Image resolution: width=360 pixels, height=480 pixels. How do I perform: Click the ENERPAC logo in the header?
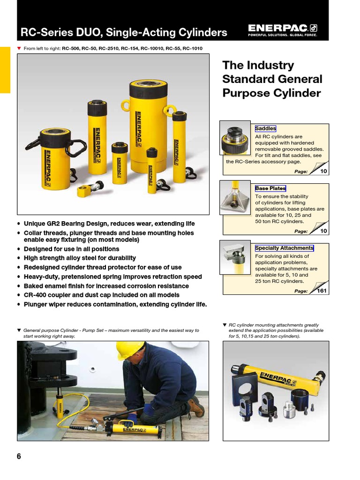pyautogui.click(x=282, y=30)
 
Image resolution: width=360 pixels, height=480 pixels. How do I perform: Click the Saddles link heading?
pyautogui.click(x=265, y=128)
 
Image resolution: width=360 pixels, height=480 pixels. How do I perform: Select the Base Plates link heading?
pyautogui.click(x=270, y=188)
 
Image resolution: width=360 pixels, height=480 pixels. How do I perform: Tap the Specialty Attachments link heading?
pyautogui.click(x=284, y=248)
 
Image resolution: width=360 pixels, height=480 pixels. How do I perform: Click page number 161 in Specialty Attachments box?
pyautogui.click(x=322, y=291)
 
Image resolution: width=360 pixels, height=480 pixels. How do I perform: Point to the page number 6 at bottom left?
pyautogui.click(x=19, y=457)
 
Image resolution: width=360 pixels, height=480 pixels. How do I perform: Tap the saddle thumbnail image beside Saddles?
pyautogui.click(x=235, y=138)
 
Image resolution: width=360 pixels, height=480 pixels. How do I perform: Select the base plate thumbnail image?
pyautogui.click(x=235, y=197)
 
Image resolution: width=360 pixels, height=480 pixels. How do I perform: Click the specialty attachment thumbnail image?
pyautogui.click(x=235, y=257)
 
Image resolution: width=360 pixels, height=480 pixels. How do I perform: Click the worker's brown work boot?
pyautogui.click(x=195, y=406)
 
